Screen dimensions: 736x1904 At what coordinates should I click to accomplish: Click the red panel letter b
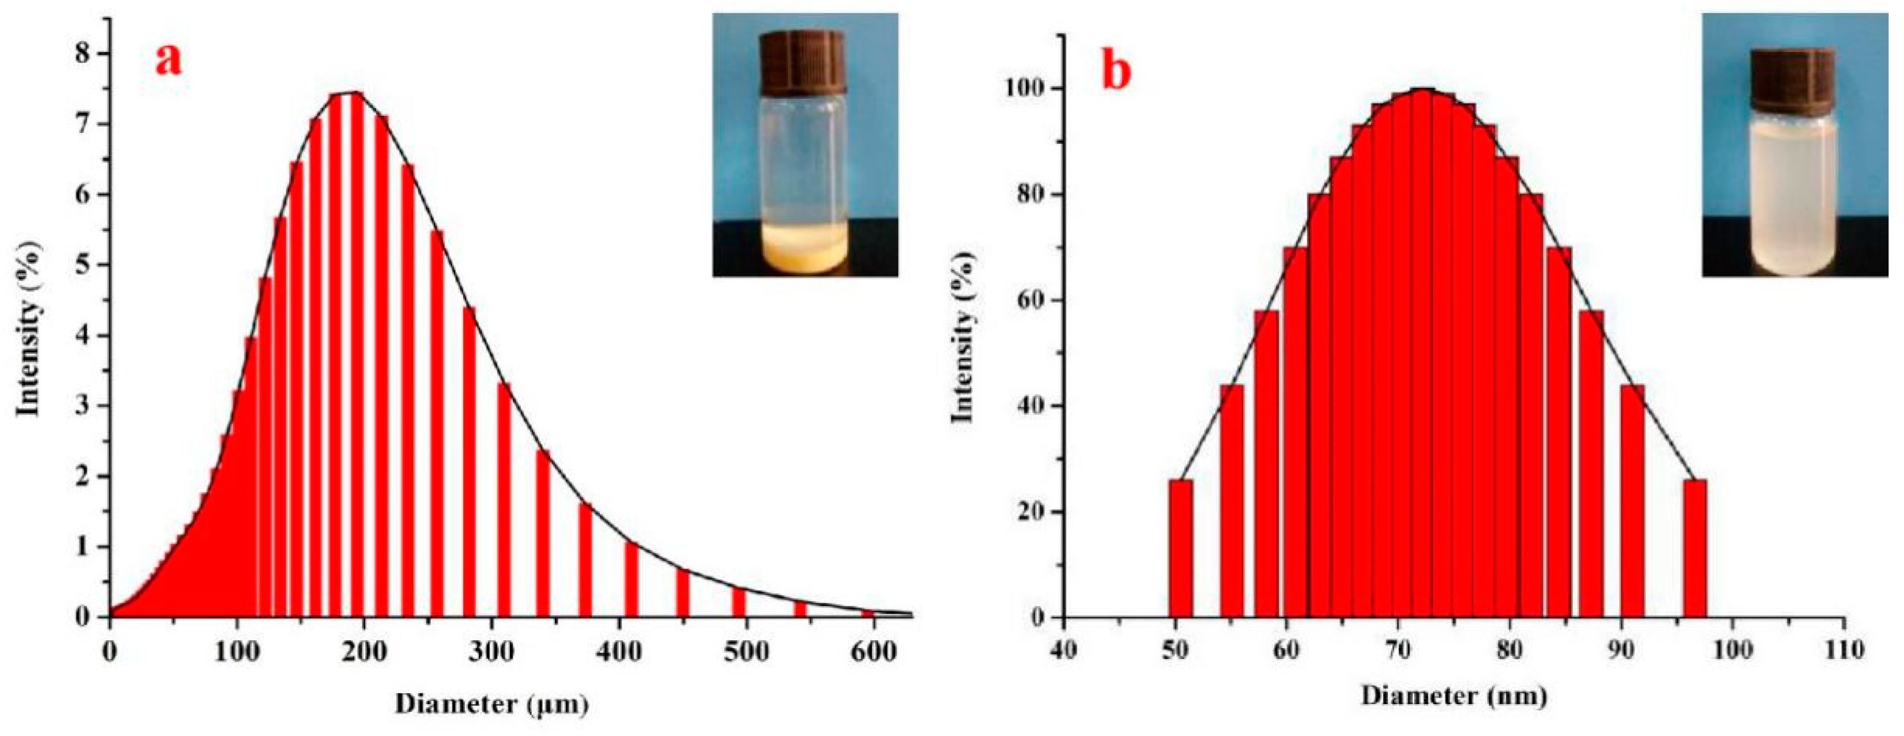tap(1117, 73)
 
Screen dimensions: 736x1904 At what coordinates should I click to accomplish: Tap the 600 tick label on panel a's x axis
tap(873, 652)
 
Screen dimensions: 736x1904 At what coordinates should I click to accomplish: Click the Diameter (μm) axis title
tap(492, 703)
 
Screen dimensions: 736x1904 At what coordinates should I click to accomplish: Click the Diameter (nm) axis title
tap(1454, 696)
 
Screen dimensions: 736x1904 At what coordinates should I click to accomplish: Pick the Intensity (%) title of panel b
tap(963, 337)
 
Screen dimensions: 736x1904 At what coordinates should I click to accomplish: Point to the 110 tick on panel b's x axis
tap(1844, 650)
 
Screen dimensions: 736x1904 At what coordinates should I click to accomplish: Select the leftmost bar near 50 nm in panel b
tap(1180, 547)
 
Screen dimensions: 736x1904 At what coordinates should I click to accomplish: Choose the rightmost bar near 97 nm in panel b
tap(1695, 547)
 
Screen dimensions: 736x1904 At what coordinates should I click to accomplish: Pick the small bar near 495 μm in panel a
tap(738, 601)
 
